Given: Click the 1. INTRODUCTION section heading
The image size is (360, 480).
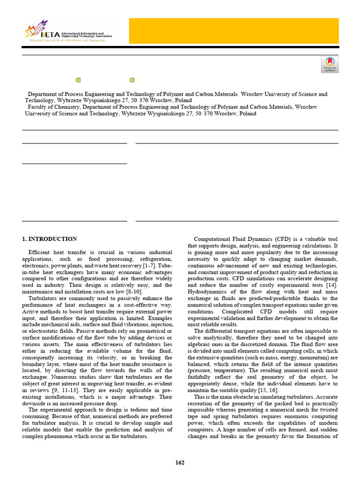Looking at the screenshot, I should (49, 239).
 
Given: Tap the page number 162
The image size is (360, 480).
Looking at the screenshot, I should (180, 463).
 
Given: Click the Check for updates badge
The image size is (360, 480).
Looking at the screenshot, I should (330, 65).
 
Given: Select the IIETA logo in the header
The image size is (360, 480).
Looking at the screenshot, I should (68, 31).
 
